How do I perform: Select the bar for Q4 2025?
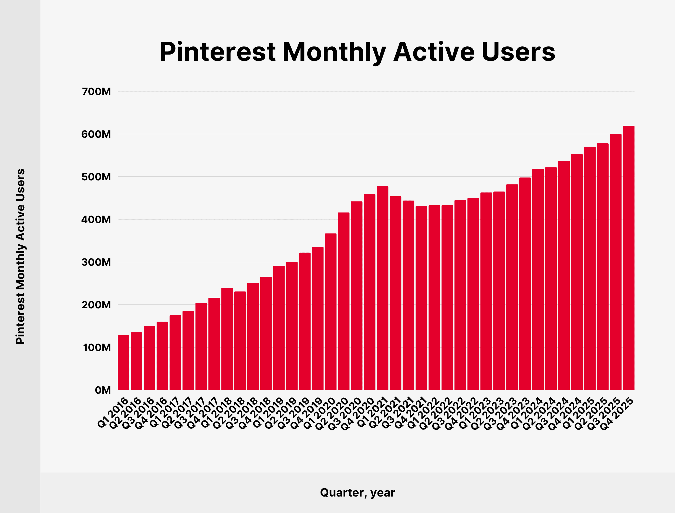(629, 258)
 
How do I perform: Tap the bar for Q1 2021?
(383, 288)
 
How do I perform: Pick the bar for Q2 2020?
(343, 301)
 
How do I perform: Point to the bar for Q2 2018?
(240, 341)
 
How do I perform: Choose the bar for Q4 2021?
(421, 298)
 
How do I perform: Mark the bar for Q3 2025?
(616, 262)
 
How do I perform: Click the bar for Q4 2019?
(318, 319)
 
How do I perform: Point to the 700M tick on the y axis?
(96, 92)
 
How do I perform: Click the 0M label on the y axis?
(103, 390)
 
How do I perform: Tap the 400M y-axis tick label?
(96, 220)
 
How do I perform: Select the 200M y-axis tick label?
(96, 305)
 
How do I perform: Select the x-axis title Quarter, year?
(357, 492)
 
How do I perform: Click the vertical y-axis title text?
(20, 256)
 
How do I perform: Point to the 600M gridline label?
(96, 134)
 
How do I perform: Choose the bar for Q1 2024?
(538, 279)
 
